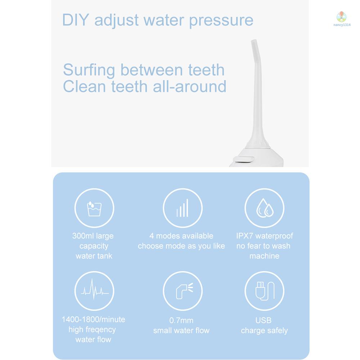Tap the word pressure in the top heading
pyautogui.click(x=221, y=21)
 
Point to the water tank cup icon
pyautogui.click(x=94, y=208)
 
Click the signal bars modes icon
pyautogui.click(x=183, y=208)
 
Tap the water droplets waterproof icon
pyautogui.click(x=264, y=208)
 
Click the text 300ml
pyautogui.click(x=83, y=236)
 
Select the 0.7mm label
pyautogui.click(x=181, y=320)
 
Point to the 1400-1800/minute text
pyautogui.click(x=93, y=319)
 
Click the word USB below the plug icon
pyautogui.click(x=264, y=320)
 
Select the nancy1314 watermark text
pyautogui.click(x=341, y=25)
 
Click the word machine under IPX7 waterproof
pyautogui.click(x=264, y=256)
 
